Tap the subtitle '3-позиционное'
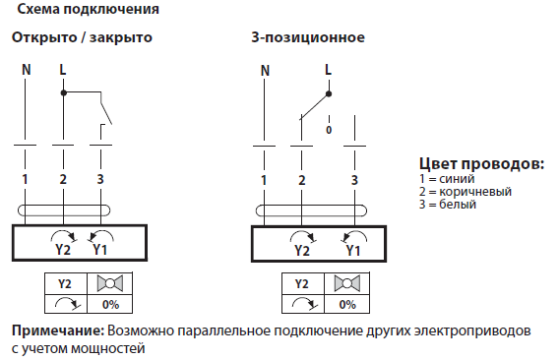pos(308,38)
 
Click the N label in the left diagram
pos(26,70)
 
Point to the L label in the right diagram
pos(328,70)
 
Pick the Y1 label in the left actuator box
pos(100,250)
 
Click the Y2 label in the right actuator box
pos(301,250)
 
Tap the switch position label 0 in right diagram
pos(329,130)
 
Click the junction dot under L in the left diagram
pos(63,93)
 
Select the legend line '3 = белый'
pos(448,205)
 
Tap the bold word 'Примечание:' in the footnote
pos(56,329)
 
